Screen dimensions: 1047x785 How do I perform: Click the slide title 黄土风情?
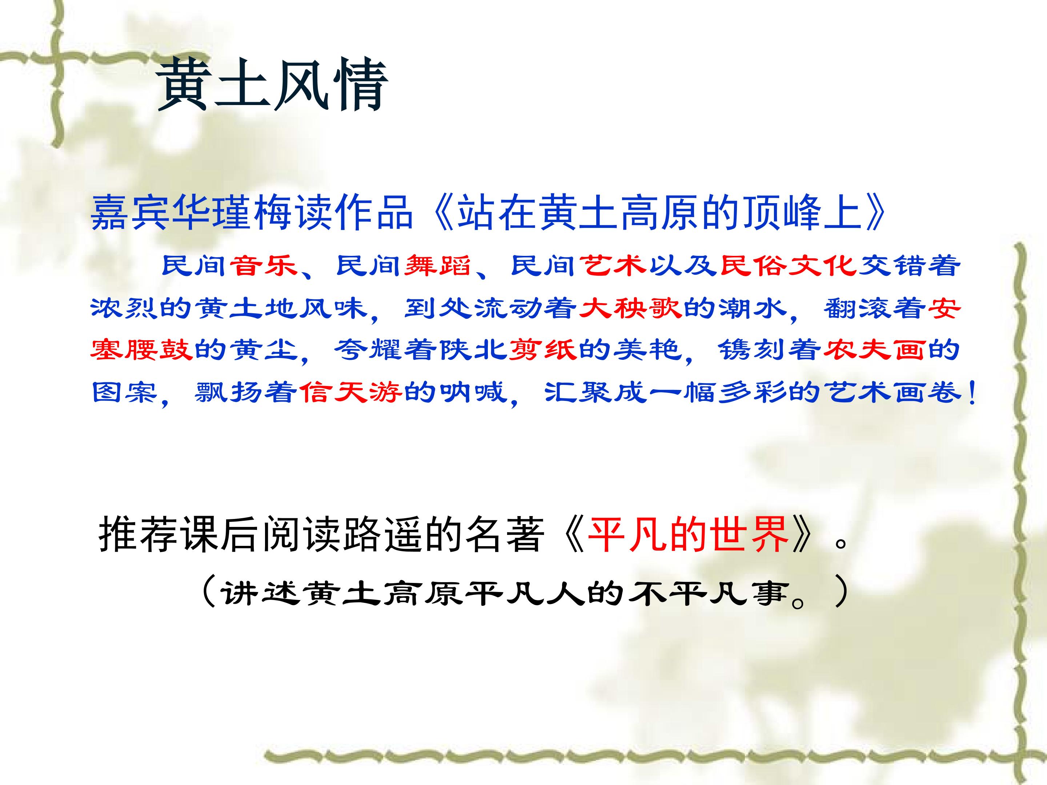tap(273, 85)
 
